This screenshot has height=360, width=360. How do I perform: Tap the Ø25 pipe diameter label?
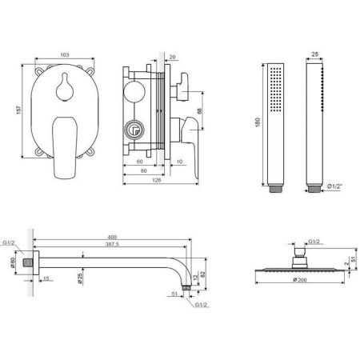point(81,279)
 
